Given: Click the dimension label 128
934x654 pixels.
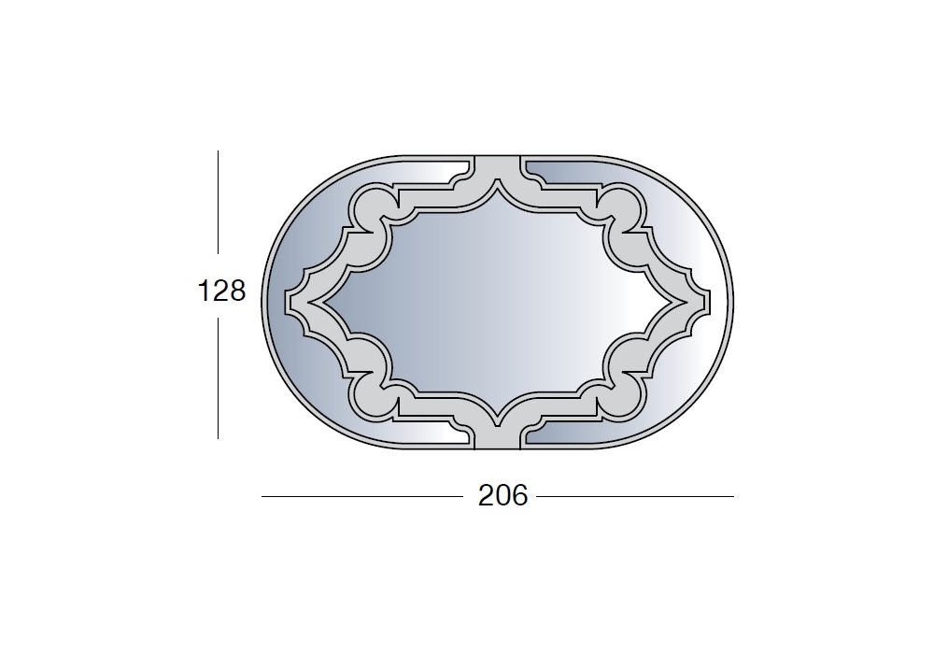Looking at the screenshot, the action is coord(221,291).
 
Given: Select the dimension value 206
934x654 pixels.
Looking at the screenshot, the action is coord(502,495).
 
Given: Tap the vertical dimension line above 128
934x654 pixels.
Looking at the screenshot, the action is coord(218,202).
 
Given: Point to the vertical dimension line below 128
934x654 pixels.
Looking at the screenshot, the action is coord(218,377).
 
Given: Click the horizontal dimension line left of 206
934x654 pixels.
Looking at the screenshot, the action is coord(362,496).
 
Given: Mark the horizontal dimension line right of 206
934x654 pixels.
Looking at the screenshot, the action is coord(635,496).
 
